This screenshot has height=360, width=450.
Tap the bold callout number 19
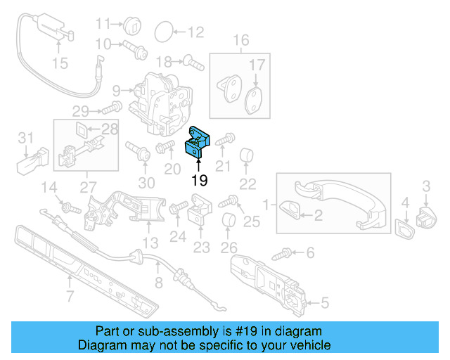tap(200, 179)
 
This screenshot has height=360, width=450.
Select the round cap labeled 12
tap(162, 31)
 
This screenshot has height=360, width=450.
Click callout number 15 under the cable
tap(60, 64)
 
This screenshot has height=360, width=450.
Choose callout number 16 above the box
tap(241, 40)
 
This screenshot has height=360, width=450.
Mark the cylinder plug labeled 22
tap(247, 155)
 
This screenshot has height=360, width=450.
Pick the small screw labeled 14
tap(69, 208)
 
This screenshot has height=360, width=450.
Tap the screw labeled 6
tap(288, 251)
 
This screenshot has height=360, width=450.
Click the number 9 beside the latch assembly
tap(116, 90)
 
